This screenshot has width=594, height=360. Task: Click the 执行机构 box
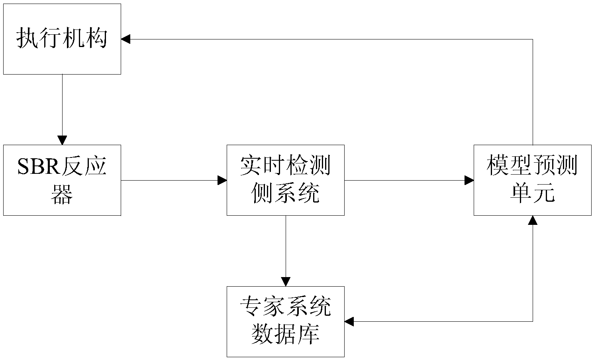62,39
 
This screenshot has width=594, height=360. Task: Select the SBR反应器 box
62,180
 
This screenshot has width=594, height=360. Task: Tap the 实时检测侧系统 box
285,180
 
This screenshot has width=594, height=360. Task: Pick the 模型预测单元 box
532,180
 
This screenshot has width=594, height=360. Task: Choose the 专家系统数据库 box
285,321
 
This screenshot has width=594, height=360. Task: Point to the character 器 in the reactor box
62,195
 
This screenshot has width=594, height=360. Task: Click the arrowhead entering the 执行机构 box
126,39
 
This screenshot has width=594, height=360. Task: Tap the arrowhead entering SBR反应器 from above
62,140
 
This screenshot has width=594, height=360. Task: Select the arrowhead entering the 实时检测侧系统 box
222,180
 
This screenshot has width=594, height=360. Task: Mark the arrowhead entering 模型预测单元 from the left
469,180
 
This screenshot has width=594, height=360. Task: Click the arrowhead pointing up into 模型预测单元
533,220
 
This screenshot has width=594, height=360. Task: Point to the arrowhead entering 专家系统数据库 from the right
349,321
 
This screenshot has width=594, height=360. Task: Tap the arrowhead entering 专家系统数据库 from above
285,281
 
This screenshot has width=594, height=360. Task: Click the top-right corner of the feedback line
533,39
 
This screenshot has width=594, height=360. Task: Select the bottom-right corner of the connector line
533,321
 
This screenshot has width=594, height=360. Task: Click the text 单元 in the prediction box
532,195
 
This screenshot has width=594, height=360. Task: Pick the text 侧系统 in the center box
285,195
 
